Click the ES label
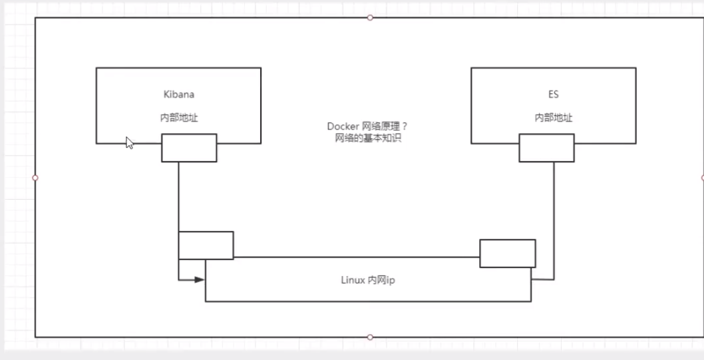pyautogui.click(x=554, y=95)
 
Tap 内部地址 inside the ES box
pyautogui.click(x=554, y=117)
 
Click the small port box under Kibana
pyautogui.click(x=189, y=148)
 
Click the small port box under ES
pyautogui.click(x=546, y=148)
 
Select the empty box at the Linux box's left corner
pyautogui.click(x=206, y=245)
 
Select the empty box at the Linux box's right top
pyautogui.click(x=508, y=253)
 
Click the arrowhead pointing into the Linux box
pyautogui.click(x=199, y=279)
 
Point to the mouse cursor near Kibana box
pyautogui.click(x=129, y=142)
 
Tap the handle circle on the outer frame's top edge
pyautogui.click(x=370, y=17)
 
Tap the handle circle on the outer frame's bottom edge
pyautogui.click(x=370, y=337)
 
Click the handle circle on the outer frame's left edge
pyautogui.click(x=35, y=178)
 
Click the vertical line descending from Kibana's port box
pyautogui.click(x=178, y=196)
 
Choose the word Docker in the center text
pyautogui.click(x=340, y=126)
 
